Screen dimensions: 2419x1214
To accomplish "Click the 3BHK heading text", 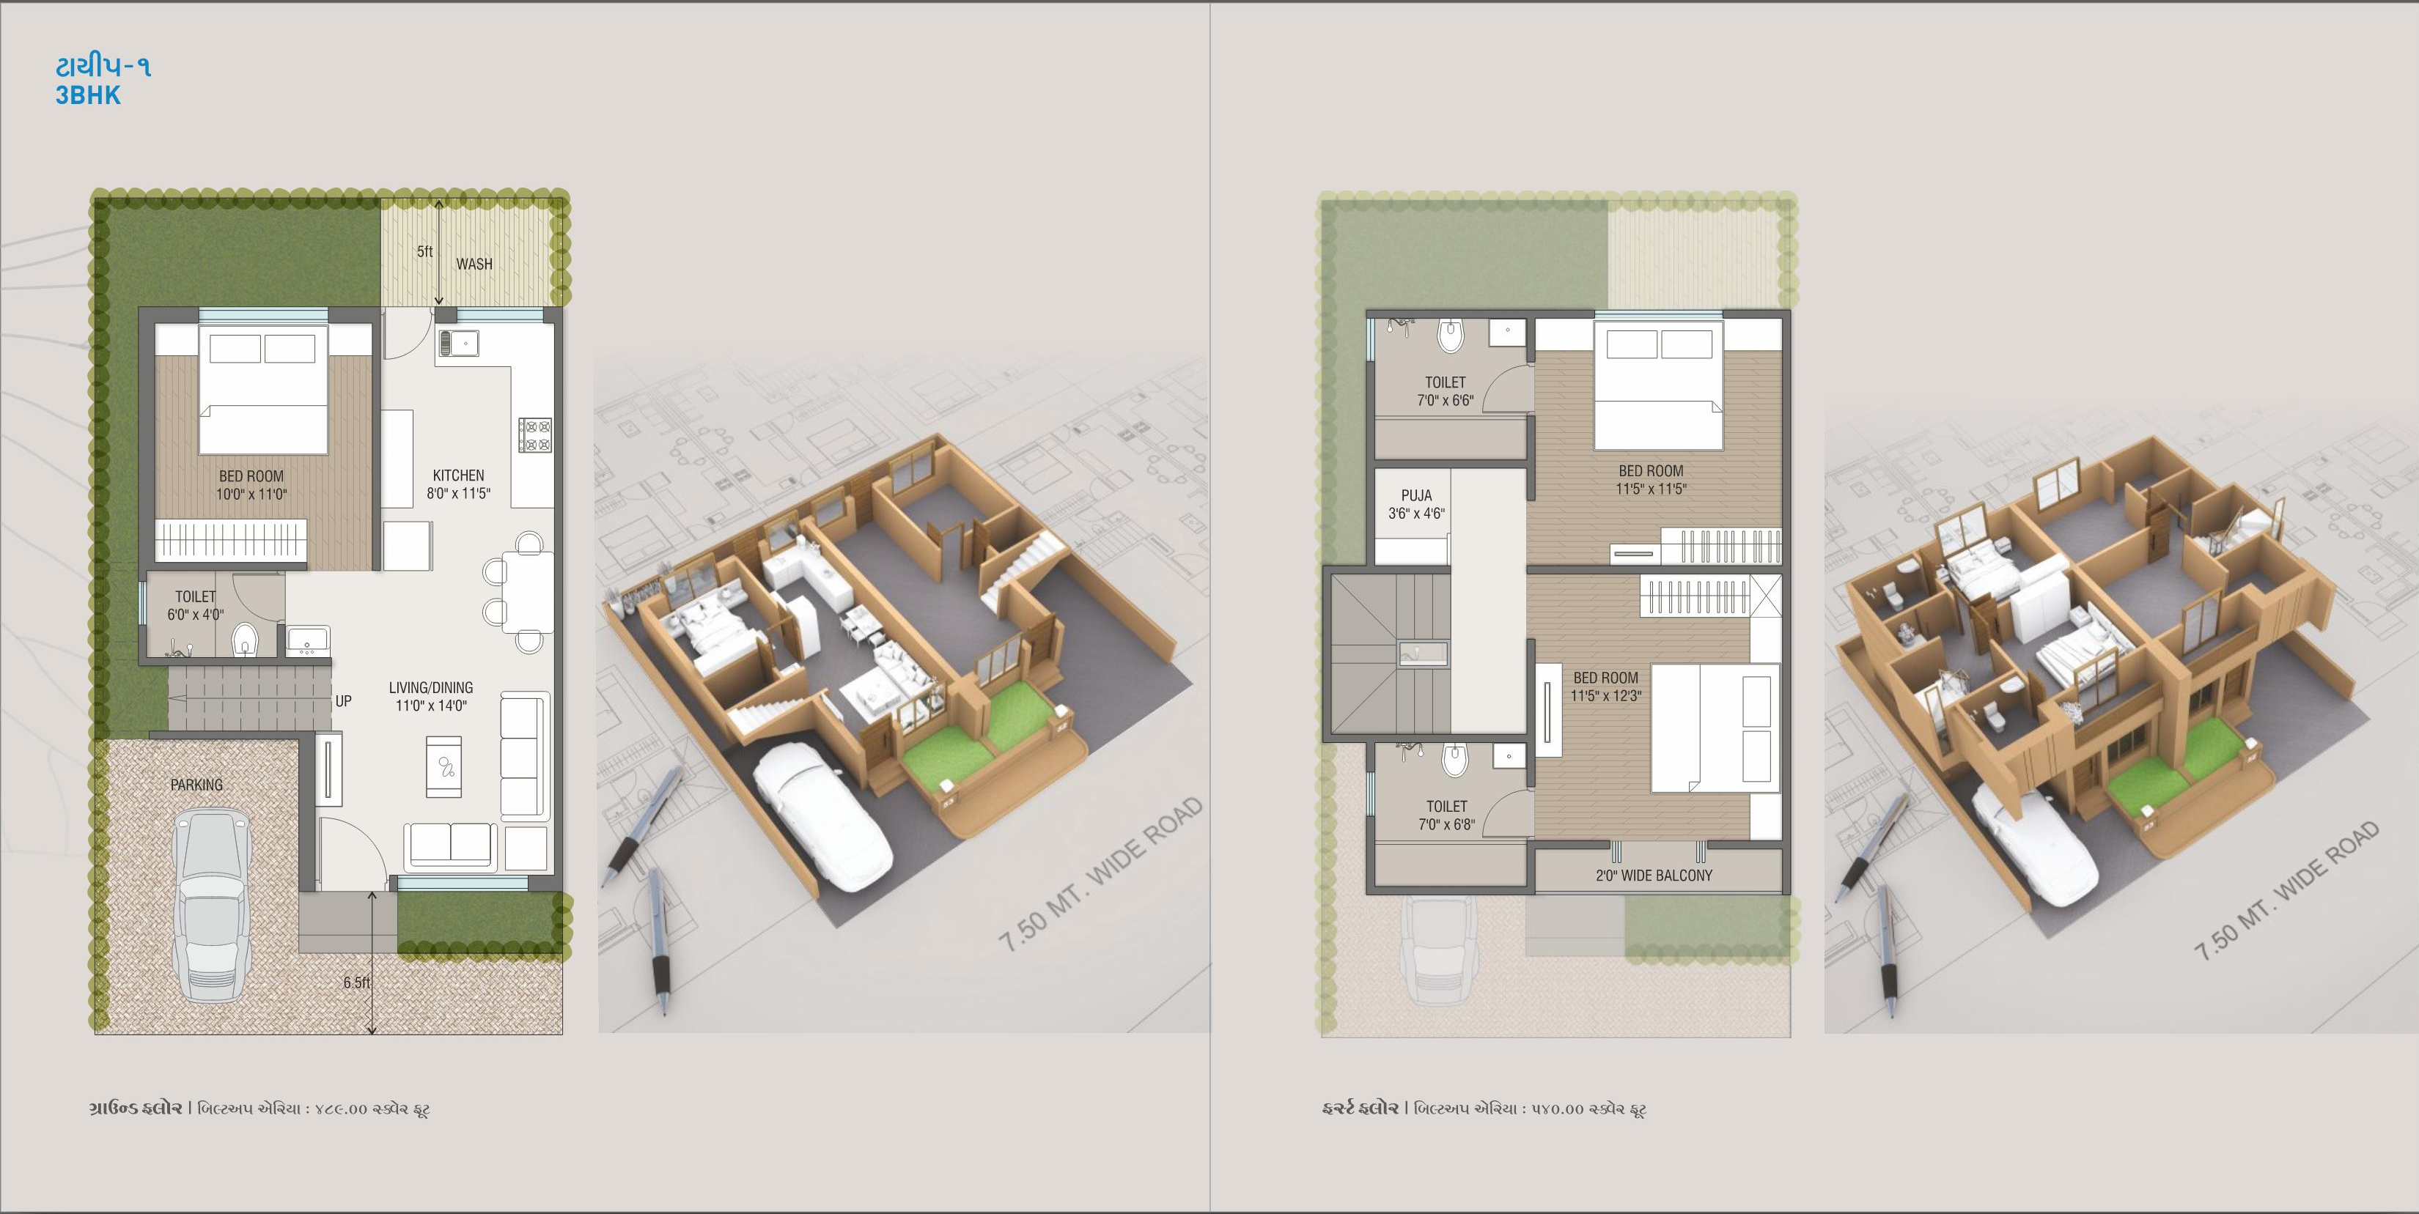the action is click(87, 96).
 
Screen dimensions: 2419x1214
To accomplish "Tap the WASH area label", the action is click(474, 264).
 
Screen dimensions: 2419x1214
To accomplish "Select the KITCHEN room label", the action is click(458, 475).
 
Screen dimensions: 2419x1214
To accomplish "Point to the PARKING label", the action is click(196, 785).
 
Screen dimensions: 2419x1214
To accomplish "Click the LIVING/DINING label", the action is click(431, 687).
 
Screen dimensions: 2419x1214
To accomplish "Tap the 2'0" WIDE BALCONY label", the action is click(1654, 875).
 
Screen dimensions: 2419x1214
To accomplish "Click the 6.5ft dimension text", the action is click(357, 982).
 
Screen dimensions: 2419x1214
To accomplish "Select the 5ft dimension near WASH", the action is click(424, 251).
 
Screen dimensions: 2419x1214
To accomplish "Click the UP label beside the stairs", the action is click(344, 701).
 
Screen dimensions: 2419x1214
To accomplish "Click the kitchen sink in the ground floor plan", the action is click(458, 343).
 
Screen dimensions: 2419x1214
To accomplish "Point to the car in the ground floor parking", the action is click(211, 906).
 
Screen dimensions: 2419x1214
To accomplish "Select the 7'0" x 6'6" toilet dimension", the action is click(1446, 401).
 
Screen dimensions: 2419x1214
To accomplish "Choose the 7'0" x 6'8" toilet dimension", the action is click(1446, 825).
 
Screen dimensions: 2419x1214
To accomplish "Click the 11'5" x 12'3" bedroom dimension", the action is click(1606, 696).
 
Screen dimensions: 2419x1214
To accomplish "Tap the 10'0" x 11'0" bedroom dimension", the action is click(251, 494).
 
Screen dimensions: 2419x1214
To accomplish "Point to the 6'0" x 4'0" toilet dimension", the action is click(195, 615).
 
